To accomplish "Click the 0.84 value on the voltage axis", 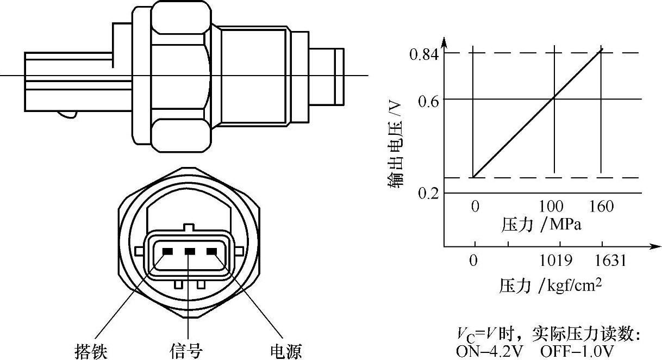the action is [x=424, y=55].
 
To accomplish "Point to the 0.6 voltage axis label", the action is [x=428, y=102].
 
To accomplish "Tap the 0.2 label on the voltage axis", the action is [x=428, y=194].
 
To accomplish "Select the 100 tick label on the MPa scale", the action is [x=551, y=207].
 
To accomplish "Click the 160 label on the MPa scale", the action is [x=602, y=207].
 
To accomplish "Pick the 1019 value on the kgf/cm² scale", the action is [x=556, y=261].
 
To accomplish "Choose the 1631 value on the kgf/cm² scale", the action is [x=610, y=261].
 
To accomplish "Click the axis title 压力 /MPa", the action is [x=541, y=225].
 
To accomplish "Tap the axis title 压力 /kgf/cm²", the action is [x=550, y=285].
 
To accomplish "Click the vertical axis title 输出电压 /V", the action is [x=395, y=145].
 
